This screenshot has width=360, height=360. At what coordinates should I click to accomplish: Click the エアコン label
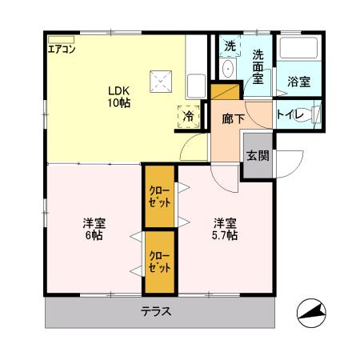coord(62,50)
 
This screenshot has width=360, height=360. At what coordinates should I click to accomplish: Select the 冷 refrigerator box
coord(189,115)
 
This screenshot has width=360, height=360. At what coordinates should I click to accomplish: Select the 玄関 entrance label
coord(257,155)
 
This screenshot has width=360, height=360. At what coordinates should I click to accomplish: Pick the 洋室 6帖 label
coord(94,229)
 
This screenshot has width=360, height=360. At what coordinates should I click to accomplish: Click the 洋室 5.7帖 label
coord(224,229)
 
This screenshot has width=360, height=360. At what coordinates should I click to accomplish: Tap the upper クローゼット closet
coord(158,196)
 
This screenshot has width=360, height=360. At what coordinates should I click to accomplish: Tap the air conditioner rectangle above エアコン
coord(61,39)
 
